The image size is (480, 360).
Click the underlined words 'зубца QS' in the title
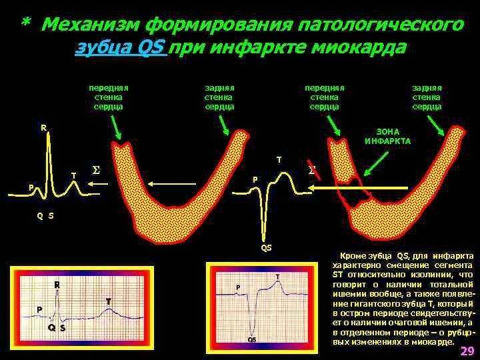[x=121, y=48]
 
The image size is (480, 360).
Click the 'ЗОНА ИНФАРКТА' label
[x=388, y=137]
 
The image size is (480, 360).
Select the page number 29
[x=467, y=351]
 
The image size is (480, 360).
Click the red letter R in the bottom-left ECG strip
[x=57, y=285]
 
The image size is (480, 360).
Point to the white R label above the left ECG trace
[x=43, y=127]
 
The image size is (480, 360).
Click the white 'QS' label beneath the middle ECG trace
[x=266, y=248]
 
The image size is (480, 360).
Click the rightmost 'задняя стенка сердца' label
[x=427, y=97]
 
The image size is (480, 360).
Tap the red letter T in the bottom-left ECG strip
[x=107, y=302]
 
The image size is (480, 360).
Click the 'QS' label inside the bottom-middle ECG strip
[x=252, y=339]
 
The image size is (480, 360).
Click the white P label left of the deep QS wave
[x=253, y=179]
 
